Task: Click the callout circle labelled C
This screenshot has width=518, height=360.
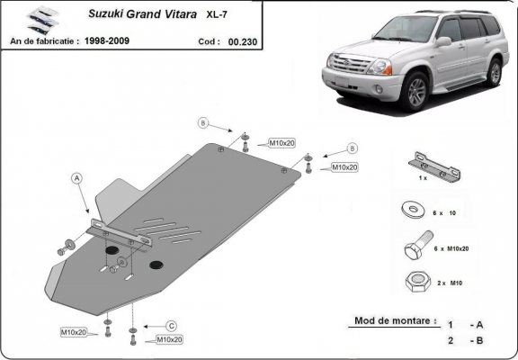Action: [x=170, y=325]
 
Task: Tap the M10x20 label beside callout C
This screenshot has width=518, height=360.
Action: [x=169, y=339]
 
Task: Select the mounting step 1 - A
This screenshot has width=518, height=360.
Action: [x=467, y=322]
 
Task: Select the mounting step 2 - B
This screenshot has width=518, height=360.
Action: [x=467, y=341]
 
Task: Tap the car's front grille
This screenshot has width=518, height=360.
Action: [x=352, y=70]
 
